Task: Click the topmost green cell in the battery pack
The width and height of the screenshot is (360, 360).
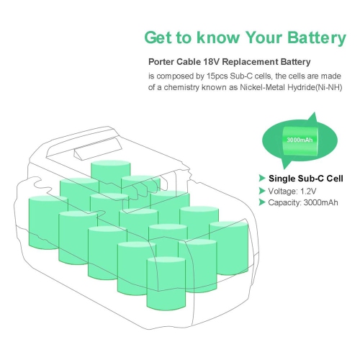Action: pos(109,171)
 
